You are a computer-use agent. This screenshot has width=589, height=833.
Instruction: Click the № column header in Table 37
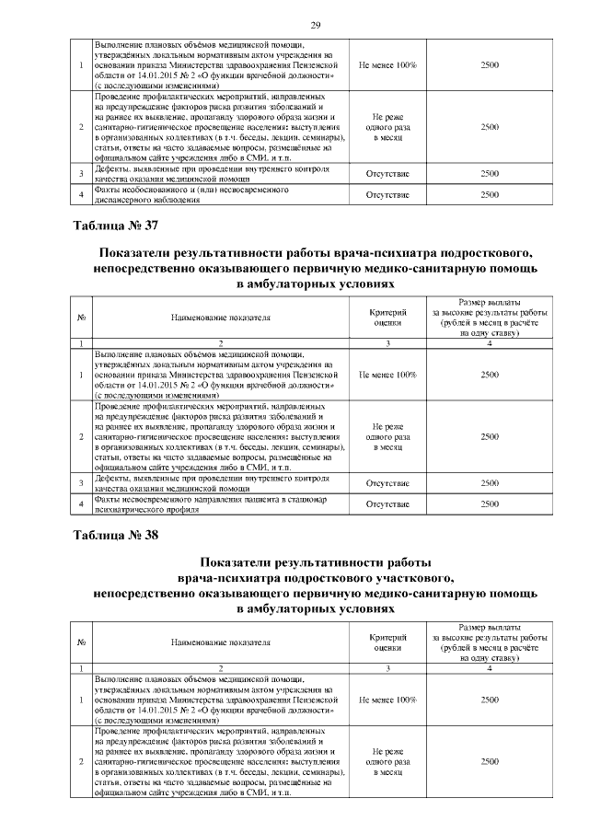pos(82,318)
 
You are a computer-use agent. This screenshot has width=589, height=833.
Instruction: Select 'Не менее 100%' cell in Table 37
pos(387,376)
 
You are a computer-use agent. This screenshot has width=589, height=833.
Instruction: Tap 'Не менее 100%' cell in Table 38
pos(387,700)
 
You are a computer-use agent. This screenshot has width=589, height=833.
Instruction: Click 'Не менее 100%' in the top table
pos(387,64)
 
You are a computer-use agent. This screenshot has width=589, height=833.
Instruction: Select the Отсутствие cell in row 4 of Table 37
pos(387,504)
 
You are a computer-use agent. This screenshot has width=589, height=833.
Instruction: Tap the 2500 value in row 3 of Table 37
pos(490,482)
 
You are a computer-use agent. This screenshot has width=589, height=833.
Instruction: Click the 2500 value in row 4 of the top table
pos(490,194)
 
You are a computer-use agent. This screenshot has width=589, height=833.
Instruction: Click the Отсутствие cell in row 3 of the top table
pos(387,172)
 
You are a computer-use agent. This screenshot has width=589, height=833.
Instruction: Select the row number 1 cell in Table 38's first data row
pos(82,700)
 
